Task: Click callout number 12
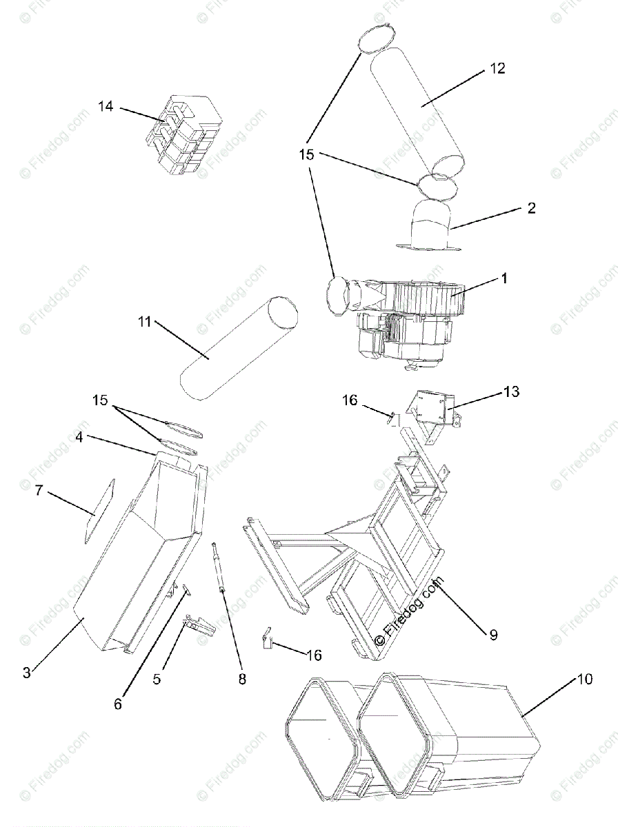497,68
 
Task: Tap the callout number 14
105,106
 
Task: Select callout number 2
531,207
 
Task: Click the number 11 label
144,322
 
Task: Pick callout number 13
511,392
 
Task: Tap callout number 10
584,680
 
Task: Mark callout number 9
493,635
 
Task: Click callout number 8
241,679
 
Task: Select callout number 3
26,673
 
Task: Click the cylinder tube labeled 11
235,349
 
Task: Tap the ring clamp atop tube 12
375,39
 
